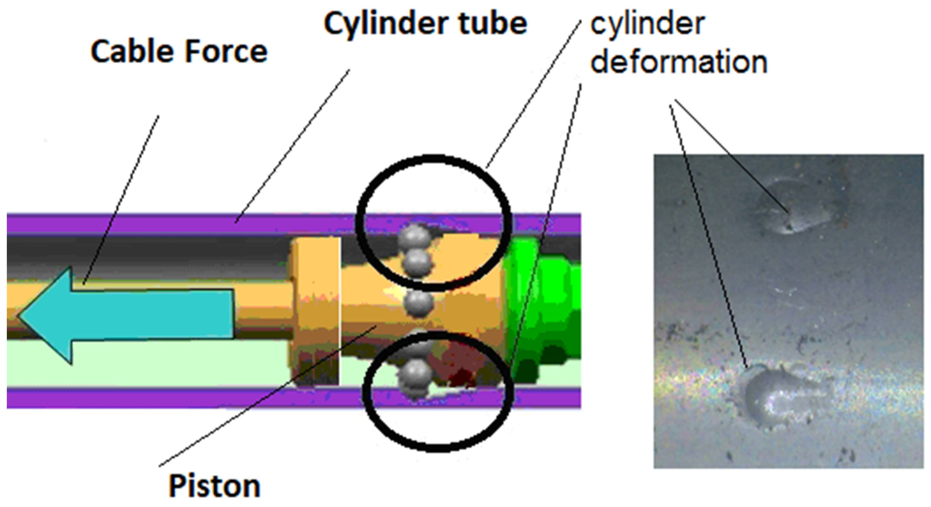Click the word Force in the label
[x=226, y=52]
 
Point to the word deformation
[x=679, y=62]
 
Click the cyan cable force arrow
[x=145, y=315]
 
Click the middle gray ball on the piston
[x=418, y=303]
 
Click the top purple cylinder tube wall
[x=181, y=224]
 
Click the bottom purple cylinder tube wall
[x=181, y=398]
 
